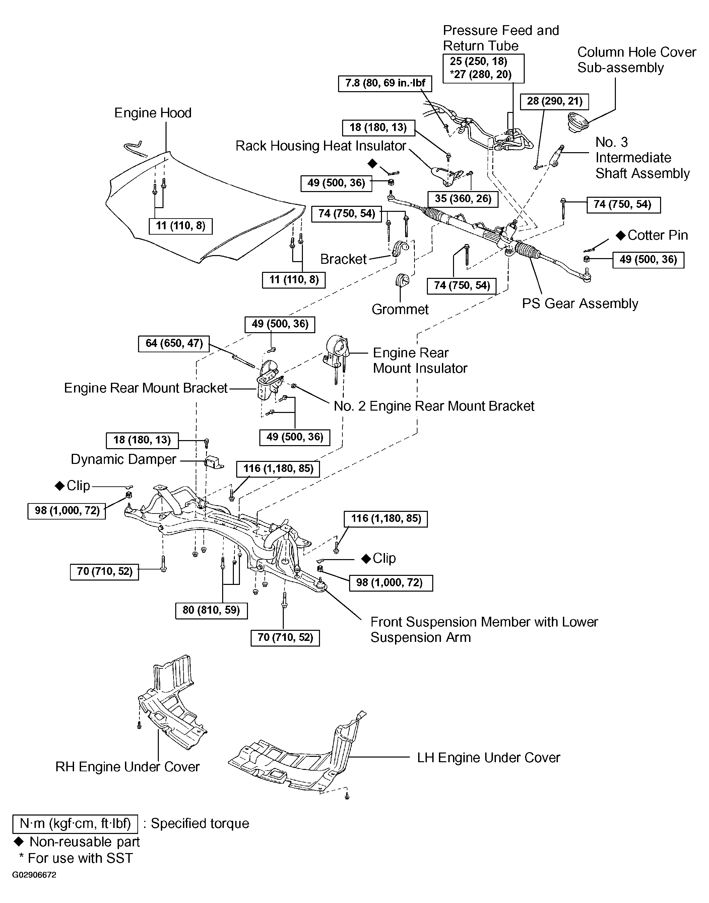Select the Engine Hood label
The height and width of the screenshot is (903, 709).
pyautogui.click(x=153, y=113)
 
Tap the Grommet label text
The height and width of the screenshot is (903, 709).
pyautogui.click(x=400, y=309)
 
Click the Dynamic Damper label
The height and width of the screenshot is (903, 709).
pyautogui.click(x=123, y=459)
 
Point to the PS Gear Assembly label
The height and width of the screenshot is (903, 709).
pyautogui.click(x=580, y=303)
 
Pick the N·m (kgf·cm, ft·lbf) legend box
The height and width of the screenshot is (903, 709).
pyautogui.click(x=75, y=823)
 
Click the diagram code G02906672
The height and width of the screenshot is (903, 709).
pyautogui.click(x=34, y=875)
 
